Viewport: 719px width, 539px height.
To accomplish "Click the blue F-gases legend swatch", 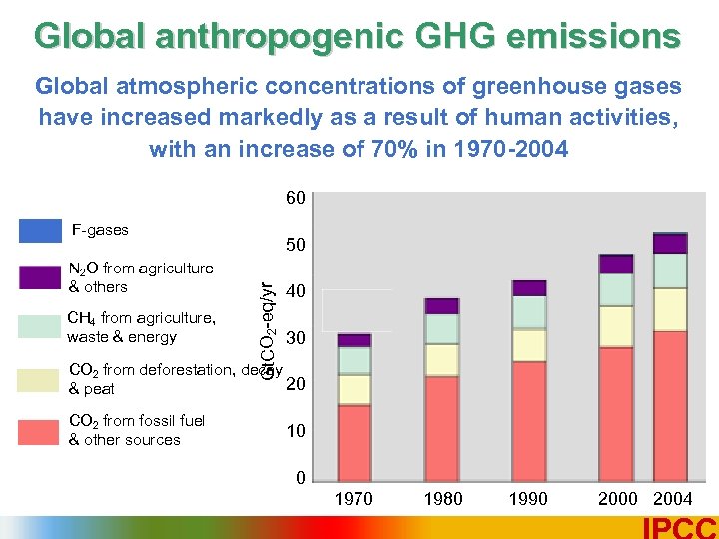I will (40, 231).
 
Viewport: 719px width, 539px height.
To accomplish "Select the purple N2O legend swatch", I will (40, 277).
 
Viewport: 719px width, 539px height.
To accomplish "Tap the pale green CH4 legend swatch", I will (40, 327).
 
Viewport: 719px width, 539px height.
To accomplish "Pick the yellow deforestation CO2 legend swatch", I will (40, 380).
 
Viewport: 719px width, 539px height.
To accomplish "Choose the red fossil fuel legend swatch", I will (40, 431).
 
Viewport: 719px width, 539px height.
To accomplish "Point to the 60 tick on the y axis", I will (296, 198).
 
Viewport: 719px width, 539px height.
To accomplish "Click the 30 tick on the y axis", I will (296, 339).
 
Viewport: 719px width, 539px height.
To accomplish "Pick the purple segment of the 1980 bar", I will (440, 306).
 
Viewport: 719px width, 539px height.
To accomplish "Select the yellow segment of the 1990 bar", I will (528, 345).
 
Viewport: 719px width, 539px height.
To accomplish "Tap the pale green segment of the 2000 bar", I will (616, 288).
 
